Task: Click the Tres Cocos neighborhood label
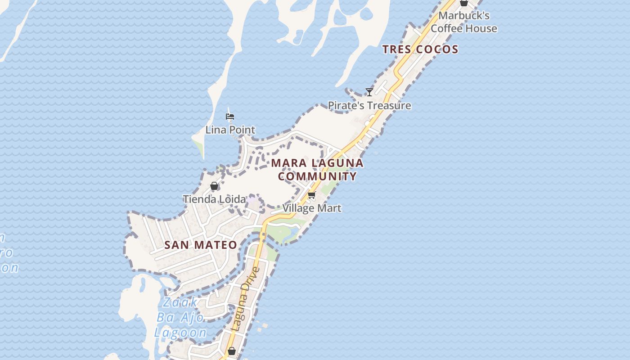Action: coord(420,49)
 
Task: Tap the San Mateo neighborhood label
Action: coord(201,245)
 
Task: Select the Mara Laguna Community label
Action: coord(317,169)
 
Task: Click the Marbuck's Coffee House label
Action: coord(464,22)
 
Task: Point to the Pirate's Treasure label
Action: coord(369,106)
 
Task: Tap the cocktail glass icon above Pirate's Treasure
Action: coord(369,92)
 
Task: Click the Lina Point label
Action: coord(230,130)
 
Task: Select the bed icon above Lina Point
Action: coord(230,117)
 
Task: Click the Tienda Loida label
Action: coord(214,199)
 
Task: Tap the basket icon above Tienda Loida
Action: coord(214,186)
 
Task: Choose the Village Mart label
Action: coord(312,208)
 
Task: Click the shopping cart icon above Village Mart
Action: coord(312,195)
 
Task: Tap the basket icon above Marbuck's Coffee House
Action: coord(464,3)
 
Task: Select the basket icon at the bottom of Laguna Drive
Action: coord(231,351)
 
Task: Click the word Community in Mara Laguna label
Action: coord(317,176)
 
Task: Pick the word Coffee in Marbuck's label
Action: coord(447,28)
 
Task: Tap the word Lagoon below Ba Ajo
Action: coord(180,333)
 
